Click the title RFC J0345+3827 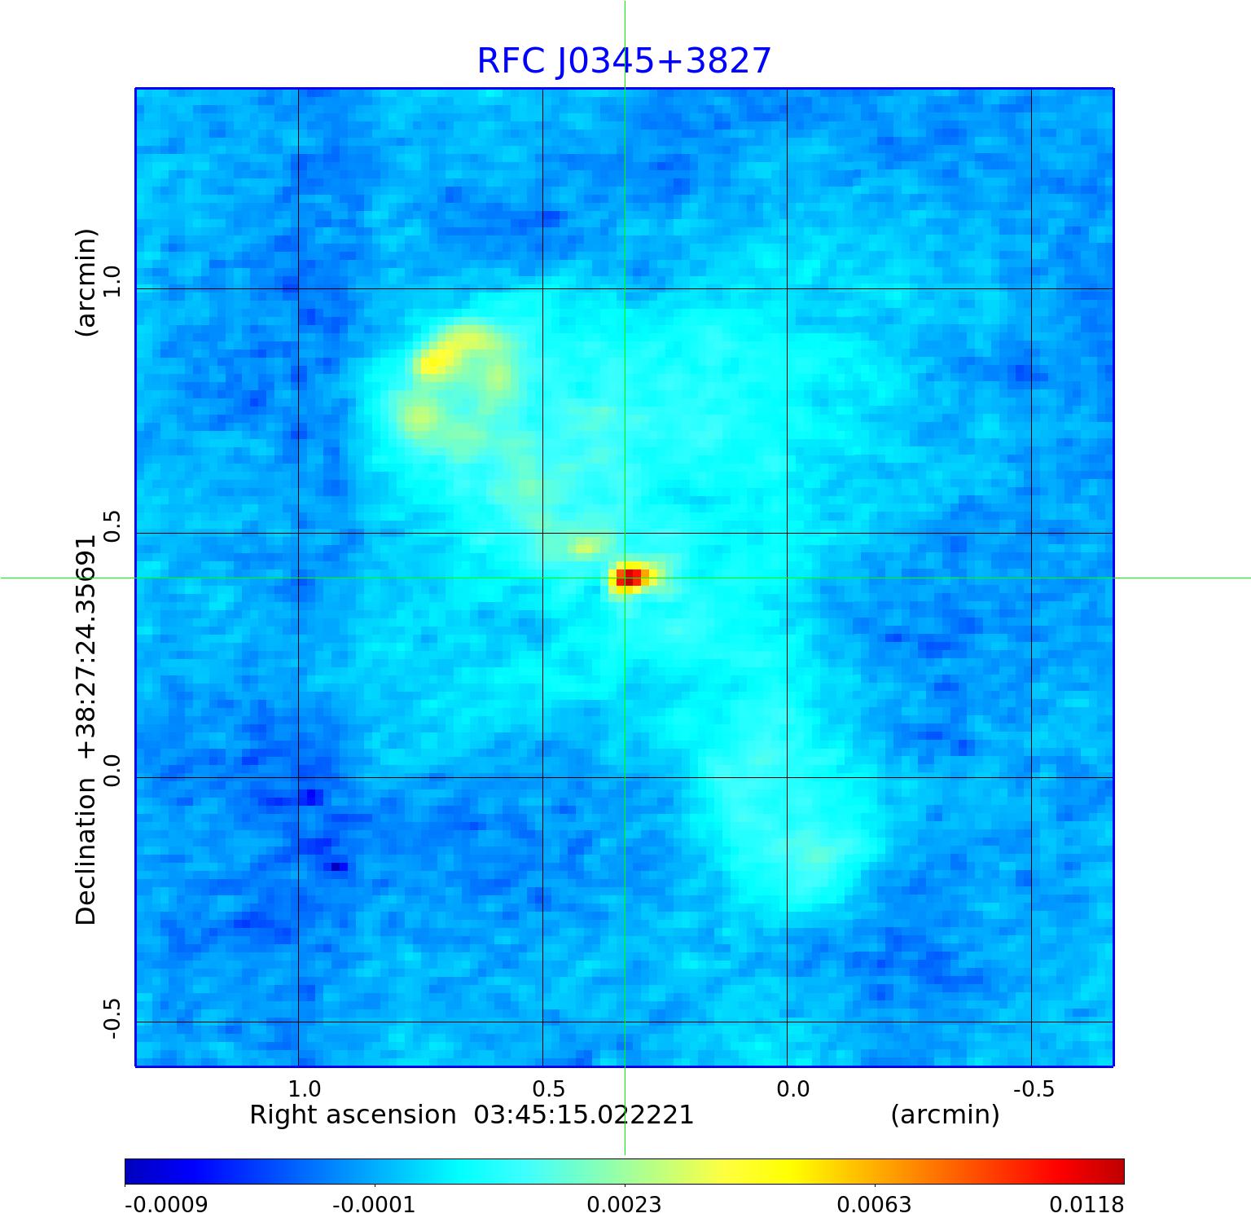pos(624,61)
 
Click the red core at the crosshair pos(629,578)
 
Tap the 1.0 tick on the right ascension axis pos(305,1088)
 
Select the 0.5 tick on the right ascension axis pos(549,1088)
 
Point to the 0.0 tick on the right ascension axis pos(793,1088)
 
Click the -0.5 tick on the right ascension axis pos(1034,1088)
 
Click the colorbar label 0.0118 pos(1086,1205)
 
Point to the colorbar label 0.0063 pos(875,1205)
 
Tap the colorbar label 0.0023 pos(625,1205)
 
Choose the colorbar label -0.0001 pos(374,1205)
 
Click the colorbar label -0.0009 pos(166,1205)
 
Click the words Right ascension pos(353,1114)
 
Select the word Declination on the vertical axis pos(86,851)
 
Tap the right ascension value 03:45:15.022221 pos(584,1114)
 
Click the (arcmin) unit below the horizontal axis pos(945,1114)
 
